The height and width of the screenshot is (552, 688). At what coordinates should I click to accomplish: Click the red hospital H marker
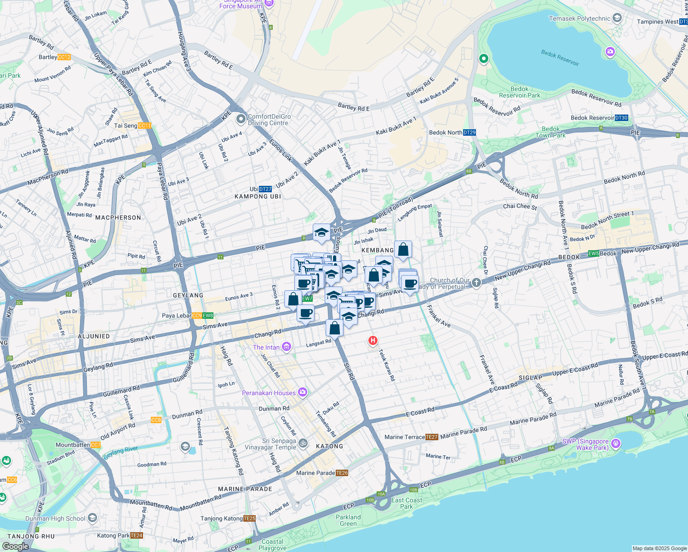pyautogui.click(x=373, y=340)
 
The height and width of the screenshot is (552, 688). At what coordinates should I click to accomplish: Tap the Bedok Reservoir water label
pyautogui.click(x=560, y=58)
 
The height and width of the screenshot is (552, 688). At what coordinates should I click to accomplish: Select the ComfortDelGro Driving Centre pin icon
pyautogui.click(x=241, y=119)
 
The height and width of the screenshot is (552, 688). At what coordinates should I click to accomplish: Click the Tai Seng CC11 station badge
pyautogui.click(x=144, y=126)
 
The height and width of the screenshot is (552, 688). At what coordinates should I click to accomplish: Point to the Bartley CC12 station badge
pyautogui.click(x=64, y=57)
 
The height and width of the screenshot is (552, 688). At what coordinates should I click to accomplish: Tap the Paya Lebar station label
pyautogui.click(x=177, y=316)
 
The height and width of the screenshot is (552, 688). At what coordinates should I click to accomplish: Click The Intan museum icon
pyautogui.click(x=287, y=347)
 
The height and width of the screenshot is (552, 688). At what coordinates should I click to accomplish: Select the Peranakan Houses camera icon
pyautogui.click(x=302, y=392)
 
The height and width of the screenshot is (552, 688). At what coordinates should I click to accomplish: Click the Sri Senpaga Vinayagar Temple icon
pyautogui.click(x=303, y=443)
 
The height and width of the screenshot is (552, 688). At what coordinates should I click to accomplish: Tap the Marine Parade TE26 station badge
pyautogui.click(x=342, y=473)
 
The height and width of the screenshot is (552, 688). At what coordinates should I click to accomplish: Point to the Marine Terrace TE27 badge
pyautogui.click(x=431, y=437)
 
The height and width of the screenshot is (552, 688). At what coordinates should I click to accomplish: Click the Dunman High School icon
pyautogui.click(x=92, y=518)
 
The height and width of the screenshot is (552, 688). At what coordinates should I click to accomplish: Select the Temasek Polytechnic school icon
pyautogui.click(x=617, y=18)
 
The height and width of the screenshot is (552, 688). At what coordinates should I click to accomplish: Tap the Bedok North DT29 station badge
pyautogui.click(x=470, y=132)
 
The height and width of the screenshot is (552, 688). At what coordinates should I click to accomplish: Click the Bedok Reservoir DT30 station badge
pyautogui.click(x=621, y=118)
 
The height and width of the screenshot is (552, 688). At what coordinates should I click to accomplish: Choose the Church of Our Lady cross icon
pyautogui.click(x=476, y=282)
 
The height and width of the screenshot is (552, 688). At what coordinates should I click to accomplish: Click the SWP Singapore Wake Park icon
pyautogui.click(x=616, y=444)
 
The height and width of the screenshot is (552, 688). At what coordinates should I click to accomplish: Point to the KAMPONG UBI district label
pyautogui.click(x=258, y=196)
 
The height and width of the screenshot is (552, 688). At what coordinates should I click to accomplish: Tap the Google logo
pyautogui.click(x=15, y=546)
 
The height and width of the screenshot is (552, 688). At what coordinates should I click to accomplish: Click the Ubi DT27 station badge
pyautogui.click(x=265, y=189)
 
